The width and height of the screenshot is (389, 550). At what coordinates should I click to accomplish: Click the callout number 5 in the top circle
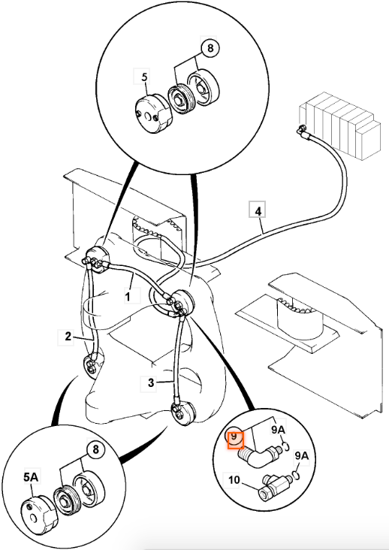click(144, 77)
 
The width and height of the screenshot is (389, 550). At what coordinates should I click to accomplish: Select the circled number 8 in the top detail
click(210, 48)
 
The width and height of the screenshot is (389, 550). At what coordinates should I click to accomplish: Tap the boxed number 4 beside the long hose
click(258, 212)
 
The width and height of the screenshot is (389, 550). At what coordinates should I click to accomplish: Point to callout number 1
click(128, 296)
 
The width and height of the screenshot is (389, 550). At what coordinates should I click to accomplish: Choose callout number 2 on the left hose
click(68, 337)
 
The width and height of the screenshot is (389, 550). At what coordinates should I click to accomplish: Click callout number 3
click(151, 382)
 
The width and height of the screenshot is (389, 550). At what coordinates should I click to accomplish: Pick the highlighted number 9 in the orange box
click(234, 437)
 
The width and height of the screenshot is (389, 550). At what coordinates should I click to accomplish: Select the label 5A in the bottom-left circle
click(31, 477)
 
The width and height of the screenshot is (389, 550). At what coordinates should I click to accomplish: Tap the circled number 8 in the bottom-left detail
click(95, 449)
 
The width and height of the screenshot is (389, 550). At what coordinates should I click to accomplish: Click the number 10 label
click(234, 479)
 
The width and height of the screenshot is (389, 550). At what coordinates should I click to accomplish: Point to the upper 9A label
click(279, 430)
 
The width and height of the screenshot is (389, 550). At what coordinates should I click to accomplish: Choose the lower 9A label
click(302, 456)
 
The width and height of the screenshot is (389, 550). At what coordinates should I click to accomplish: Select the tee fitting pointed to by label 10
click(275, 486)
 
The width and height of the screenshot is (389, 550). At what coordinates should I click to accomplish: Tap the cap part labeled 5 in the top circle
click(154, 113)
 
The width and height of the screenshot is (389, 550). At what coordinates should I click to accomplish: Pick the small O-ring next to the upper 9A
click(285, 446)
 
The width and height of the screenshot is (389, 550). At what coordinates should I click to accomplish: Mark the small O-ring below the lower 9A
click(296, 476)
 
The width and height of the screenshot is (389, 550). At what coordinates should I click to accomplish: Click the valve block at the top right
click(339, 125)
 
